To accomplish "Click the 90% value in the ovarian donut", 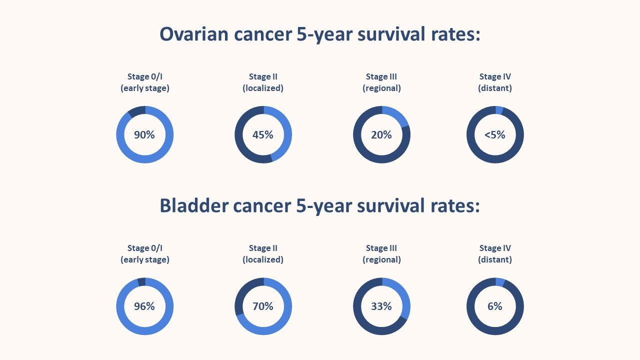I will pos(144,134).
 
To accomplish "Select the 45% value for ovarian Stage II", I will pos(263,134).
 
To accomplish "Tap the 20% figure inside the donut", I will pos(381,134).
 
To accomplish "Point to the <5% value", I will pos(495,134).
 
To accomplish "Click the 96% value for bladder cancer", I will pos(144,306).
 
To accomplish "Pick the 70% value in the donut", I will pos(263,306).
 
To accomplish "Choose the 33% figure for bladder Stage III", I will pos(381,306).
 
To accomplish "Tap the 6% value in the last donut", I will pos(495,306).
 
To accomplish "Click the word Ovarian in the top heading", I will pos(192,34).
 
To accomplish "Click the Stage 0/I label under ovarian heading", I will pos(145,76).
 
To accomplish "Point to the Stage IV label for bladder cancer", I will pos(495,248).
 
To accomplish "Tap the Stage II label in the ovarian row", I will pos(263,76).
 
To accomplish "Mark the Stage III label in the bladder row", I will pos(381,248).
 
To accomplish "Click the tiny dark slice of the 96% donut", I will pos(141,282).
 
